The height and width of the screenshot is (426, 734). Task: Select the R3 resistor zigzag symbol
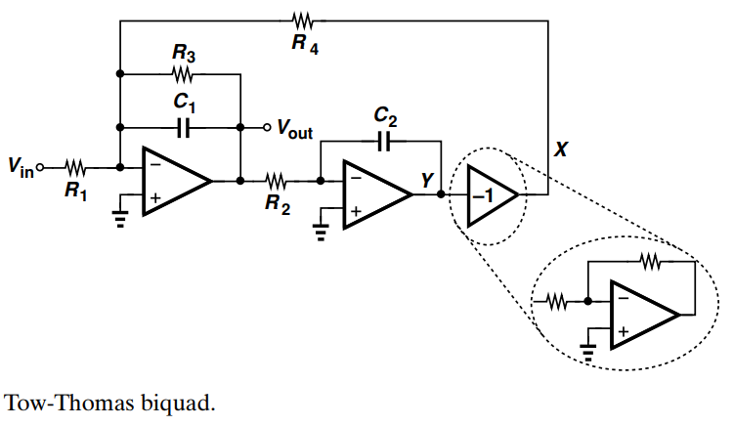pyautogui.click(x=181, y=74)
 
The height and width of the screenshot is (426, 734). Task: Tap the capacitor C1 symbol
pyautogui.click(x=181, y=127)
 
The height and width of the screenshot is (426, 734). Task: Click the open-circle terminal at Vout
pyautogui.click(x=266, y=127)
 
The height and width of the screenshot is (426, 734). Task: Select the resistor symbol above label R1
pyautogui.click(x=76, y=165)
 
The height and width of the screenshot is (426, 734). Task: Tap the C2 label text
pyautogui.click(x=385, y=118)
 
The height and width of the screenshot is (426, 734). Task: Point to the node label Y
pyautogui.click(x=427, y=179)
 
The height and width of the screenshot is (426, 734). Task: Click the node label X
pyautogui.click(x=560, y=149)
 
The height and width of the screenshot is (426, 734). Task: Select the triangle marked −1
pyautogui.click(x=490, y=194)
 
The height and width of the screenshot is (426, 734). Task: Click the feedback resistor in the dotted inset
pyautogui.click(x=650, y=261)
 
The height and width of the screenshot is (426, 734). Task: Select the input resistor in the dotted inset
pyautogui.click(x=558, y=302)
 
